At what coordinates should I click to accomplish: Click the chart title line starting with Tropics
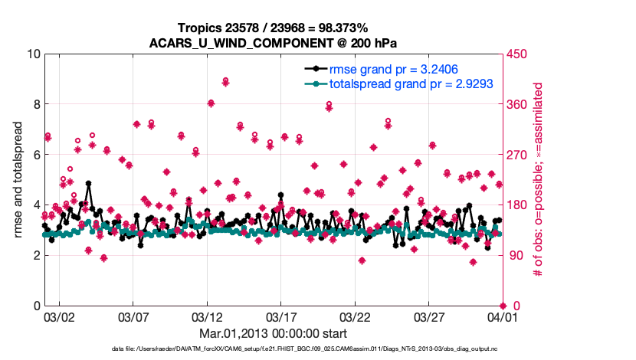coord(273,28)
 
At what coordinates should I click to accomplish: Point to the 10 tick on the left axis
coord(33,54)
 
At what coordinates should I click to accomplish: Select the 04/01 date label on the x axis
coord(502,316)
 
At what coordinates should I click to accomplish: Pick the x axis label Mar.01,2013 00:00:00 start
coord(273,333)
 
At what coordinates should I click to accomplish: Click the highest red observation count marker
coord(225,80)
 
